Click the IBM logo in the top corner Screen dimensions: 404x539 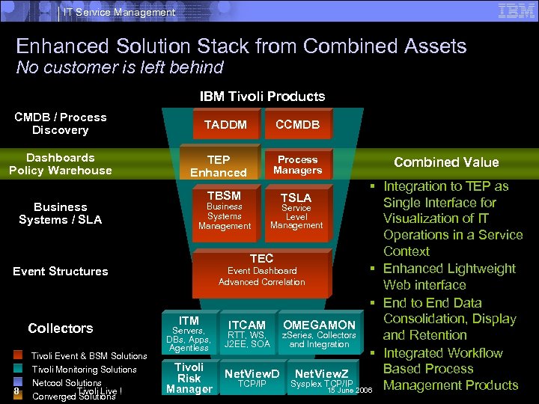(516, 10)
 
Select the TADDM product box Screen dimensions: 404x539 (225, 125)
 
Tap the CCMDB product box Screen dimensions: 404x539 (297, 125)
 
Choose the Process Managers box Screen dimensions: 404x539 (297, 165)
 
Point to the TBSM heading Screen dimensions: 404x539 (224, 196)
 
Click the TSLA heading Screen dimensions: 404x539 (296, 198)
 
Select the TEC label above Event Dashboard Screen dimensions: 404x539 (261, 258)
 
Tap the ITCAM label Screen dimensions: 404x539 (247, 325)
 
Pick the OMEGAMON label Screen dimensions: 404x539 (319, 325)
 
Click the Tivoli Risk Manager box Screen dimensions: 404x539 (189, 378)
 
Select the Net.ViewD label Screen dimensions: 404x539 (252, 373)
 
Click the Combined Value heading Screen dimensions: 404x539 (446, 162)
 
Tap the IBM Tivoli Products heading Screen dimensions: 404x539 (262, 97)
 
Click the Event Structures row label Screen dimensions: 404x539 (61, 272)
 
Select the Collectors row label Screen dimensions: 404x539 (61, 328)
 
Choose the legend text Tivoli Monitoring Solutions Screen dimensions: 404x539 (84, 370)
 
